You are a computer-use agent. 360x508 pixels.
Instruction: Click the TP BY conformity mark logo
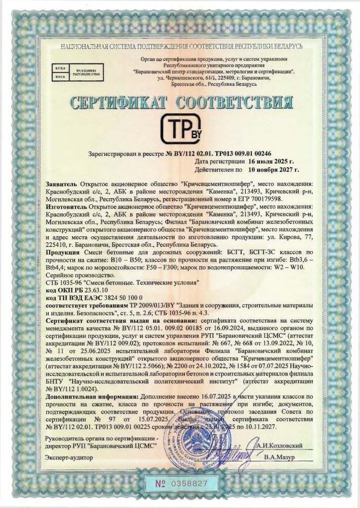(180, 131)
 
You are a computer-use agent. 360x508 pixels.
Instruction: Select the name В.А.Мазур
(280, 458)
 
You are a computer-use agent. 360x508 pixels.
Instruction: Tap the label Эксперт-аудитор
(66, 458)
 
